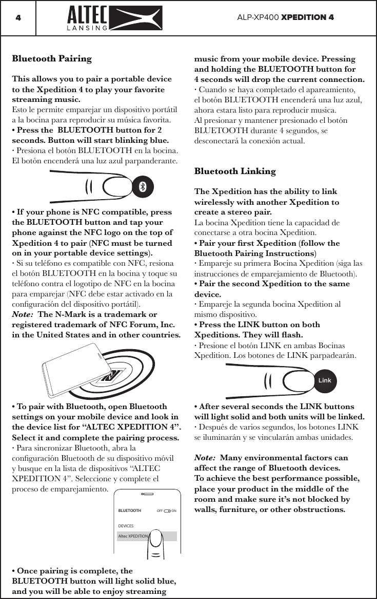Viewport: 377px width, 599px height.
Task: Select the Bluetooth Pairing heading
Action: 52,58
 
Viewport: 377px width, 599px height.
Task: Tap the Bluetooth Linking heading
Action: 235,171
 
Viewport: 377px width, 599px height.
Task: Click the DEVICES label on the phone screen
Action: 126,526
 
